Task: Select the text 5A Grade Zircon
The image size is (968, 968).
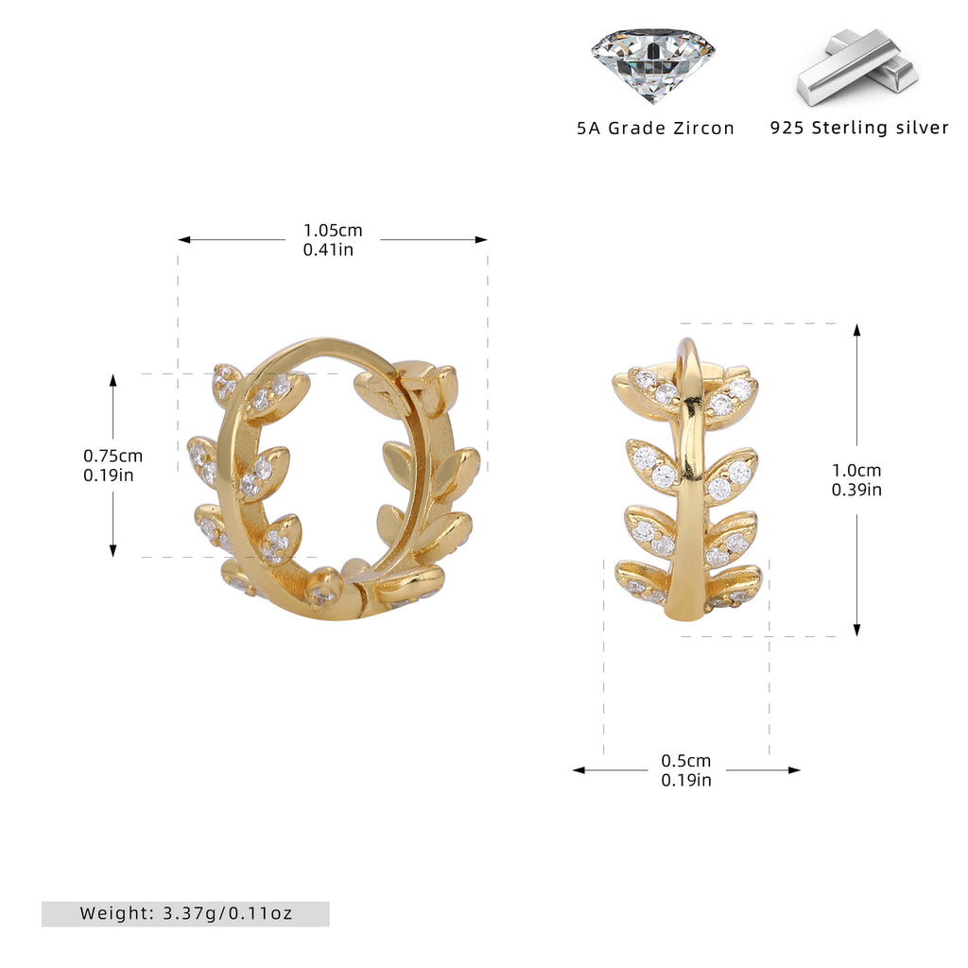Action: click(x=656, y=129)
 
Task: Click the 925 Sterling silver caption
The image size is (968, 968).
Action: click(x=858, y=128)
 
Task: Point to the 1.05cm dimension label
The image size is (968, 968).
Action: click(x=333, y=231)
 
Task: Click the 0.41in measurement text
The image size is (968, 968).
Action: click(x=328, y=250)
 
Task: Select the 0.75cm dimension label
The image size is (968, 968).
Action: click(x=113, y=456)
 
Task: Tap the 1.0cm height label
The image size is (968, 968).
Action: click(x=856, y=471)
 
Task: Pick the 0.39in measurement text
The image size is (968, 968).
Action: click(x=856, y=490)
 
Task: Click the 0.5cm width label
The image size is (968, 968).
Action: click(x=686, y=761)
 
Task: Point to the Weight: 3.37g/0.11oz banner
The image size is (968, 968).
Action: click(x=185, y=914)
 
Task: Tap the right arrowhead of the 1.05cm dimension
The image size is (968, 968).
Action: click(x=481, y=239)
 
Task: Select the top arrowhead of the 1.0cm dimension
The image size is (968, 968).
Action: click(x=856, y=330)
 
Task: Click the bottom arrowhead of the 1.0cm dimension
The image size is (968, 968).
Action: click(x=856, y=630)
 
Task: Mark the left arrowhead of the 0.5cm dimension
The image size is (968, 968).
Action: click(x=579, y=769)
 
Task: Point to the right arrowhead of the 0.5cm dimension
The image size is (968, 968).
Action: click(x=794, y=769)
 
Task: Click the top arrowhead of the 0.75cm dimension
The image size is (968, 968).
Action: click(x=113, y=380)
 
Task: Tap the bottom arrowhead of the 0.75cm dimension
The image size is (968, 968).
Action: click(x=113, y=551)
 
